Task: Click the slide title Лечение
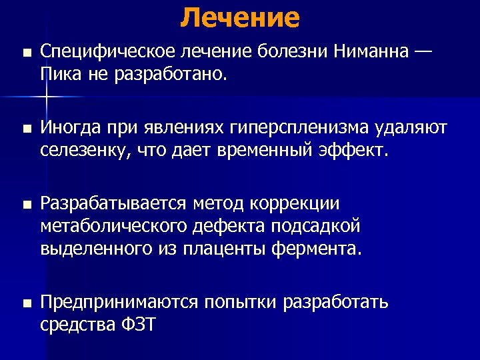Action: (239, 17)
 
